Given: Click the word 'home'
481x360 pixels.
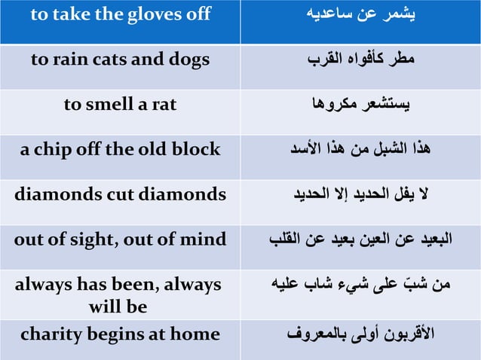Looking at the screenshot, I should (x=198, y=334).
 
